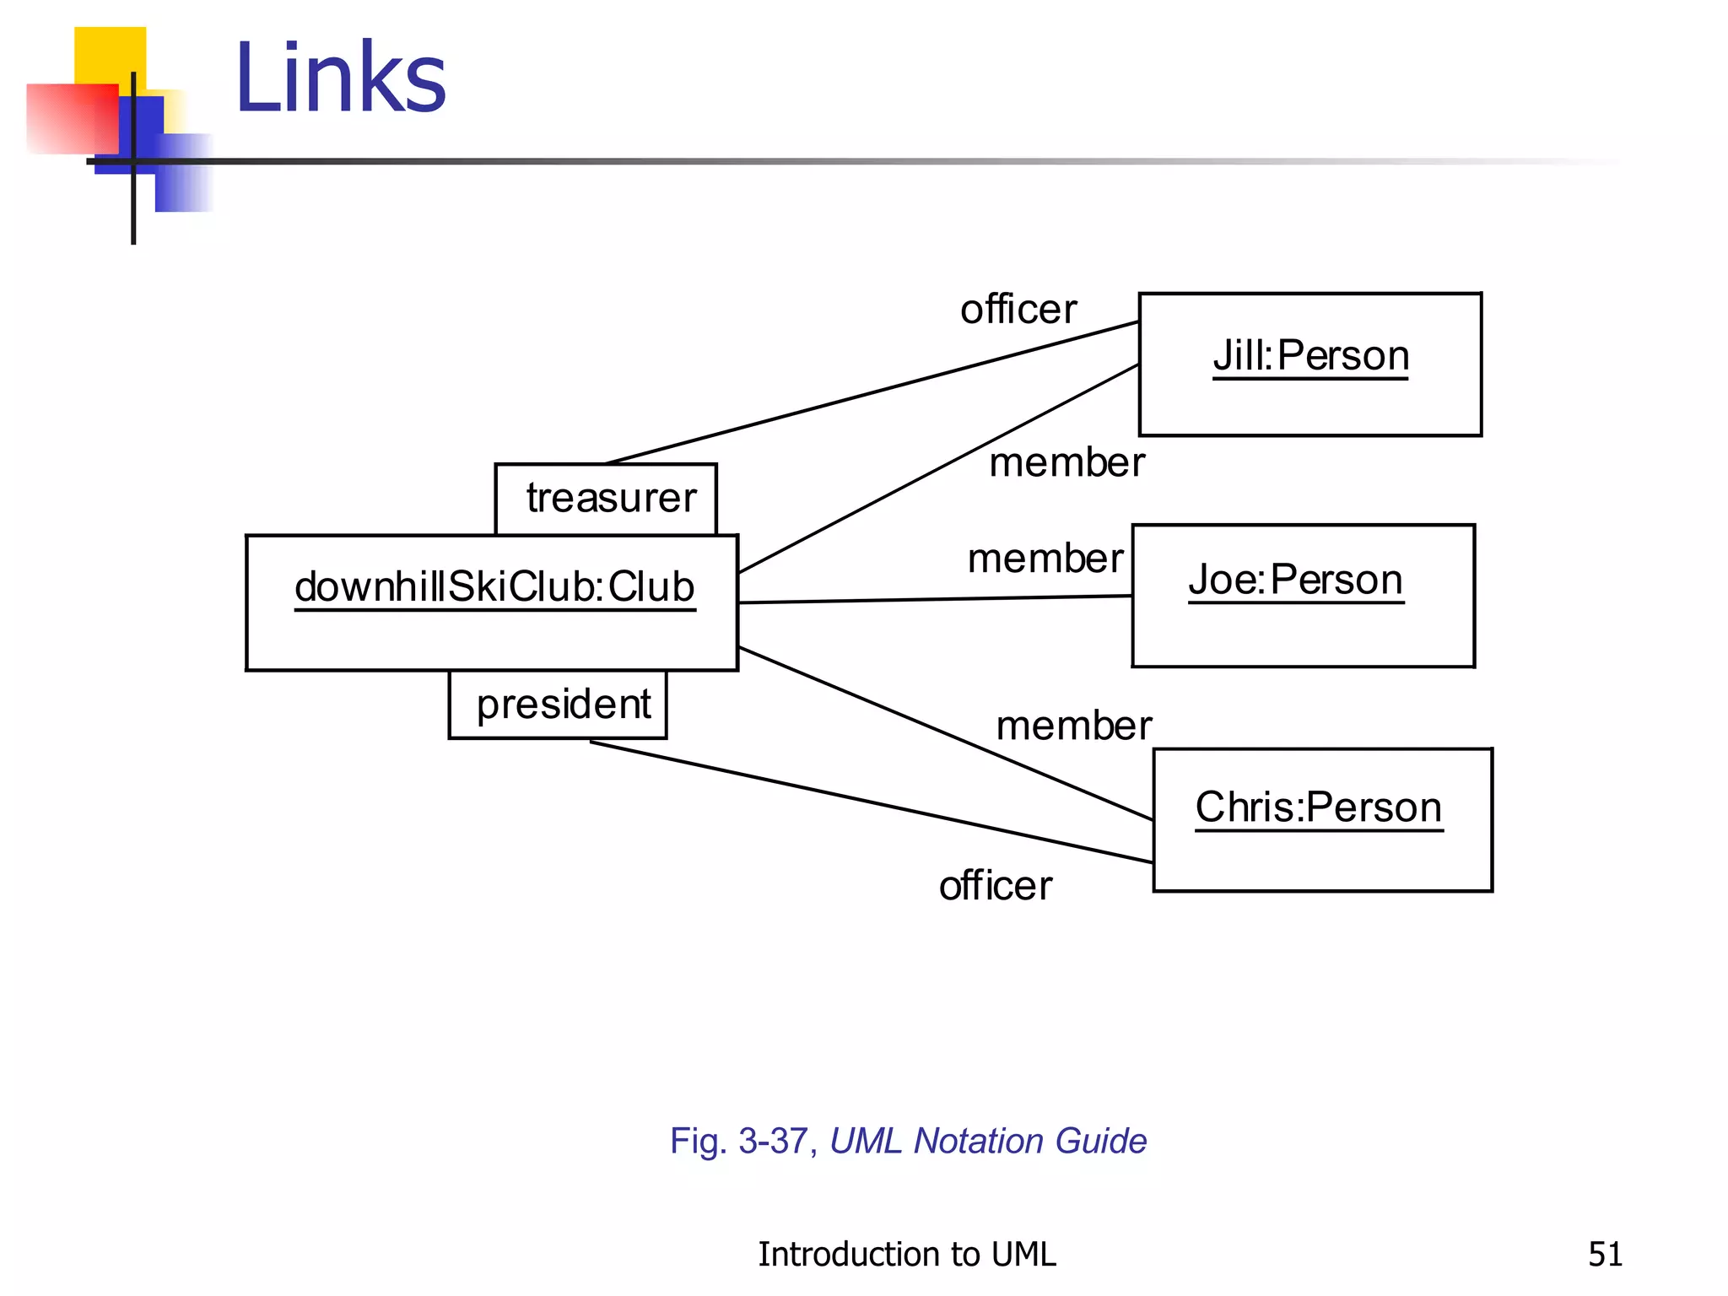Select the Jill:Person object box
coord(1309,364)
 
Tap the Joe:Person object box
coord(1303,596)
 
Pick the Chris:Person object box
coord(1321,819)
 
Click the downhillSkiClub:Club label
coord(494,587)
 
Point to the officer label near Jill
coord(1018,310)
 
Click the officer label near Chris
coord(996,886)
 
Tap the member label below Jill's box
coord(1066,462)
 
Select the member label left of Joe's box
coord(1045,559)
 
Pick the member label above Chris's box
coord(1073,726)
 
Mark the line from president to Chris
coord(869,801)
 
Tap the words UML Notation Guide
coord(988,1141)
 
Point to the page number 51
coord(1605,1254)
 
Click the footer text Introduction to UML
coord(906,1254)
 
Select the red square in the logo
coord(71,118)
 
